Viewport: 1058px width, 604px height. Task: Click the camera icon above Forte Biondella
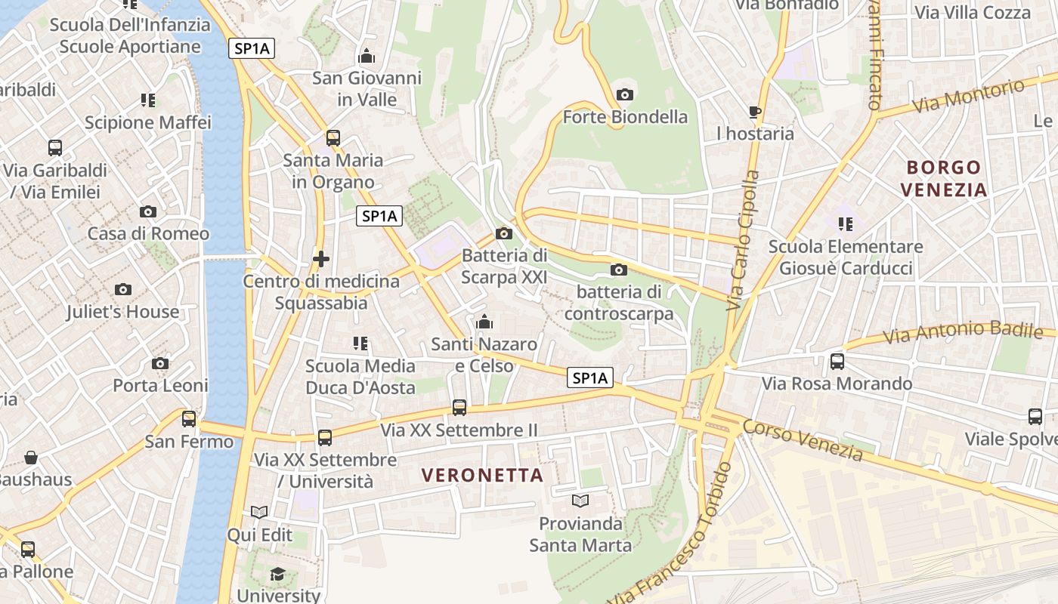(x=625, y=94)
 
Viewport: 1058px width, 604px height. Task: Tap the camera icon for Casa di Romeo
(x=148, y=211)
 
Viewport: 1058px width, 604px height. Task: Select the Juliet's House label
(x=122, y=311)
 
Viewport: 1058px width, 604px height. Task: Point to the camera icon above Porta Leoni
(x=160, y=364)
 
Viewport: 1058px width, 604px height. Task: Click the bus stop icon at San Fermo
(x=189, y=418)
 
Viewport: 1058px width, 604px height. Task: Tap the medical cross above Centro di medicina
(x=321, y=259)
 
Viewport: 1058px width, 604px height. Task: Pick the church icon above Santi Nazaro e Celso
(x=484, y=322)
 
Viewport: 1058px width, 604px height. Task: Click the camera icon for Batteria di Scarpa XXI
(x=504, y=233)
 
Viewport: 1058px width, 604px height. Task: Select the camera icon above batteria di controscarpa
(x=618, y=270)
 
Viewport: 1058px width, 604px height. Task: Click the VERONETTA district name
(x=483, y=475)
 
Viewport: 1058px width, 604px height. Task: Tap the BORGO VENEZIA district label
(x=944, y=178)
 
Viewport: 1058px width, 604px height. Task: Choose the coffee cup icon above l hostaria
(x=754, y=112)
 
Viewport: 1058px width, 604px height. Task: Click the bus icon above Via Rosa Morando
(x=837, y=362)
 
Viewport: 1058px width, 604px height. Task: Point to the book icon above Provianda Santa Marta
(x=580, y=501)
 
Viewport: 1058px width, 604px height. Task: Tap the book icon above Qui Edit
(x=259, y=513)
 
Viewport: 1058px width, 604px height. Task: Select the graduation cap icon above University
(x=277, y=574)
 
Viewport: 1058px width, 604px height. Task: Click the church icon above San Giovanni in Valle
(x=367, y=56)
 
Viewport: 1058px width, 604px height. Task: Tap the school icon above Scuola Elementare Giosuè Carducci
(x=846, y=223)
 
